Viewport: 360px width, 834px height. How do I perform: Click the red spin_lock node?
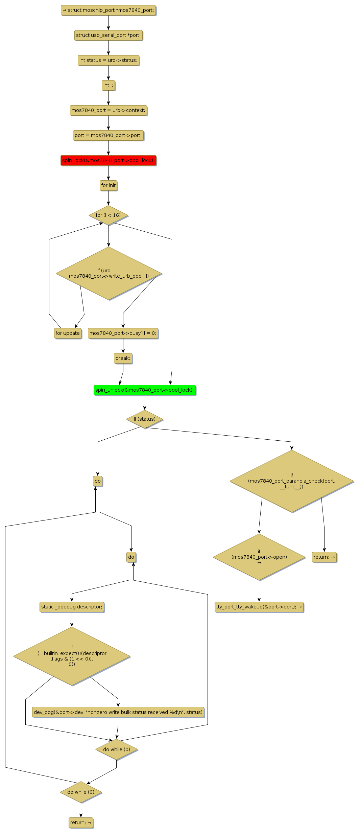108,160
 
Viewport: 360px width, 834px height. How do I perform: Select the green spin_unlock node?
145,390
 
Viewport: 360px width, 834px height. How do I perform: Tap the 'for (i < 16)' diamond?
108,215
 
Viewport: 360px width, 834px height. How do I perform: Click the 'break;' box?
123,358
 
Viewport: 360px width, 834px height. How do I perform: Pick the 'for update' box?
68,333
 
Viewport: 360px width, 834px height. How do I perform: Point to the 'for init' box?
108,185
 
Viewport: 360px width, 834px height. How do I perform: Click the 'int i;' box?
108,85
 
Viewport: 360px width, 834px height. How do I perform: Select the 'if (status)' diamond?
145,419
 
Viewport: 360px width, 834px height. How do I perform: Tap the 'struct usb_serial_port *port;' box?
108,35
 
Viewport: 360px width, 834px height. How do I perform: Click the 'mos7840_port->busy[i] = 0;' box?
123,333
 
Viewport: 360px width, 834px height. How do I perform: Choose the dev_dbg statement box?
118,712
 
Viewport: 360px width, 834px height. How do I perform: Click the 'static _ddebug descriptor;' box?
72,607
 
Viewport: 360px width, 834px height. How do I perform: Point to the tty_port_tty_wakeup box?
259,607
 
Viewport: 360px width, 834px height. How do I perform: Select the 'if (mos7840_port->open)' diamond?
259,557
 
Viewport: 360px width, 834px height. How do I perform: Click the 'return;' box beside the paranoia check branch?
324,557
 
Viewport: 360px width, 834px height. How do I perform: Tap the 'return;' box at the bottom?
81,823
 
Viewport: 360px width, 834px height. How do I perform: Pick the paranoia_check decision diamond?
292,481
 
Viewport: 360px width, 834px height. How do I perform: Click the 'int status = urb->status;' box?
108,60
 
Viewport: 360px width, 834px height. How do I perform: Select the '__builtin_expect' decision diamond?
72,656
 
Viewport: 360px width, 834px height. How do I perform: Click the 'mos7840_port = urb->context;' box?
108,110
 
